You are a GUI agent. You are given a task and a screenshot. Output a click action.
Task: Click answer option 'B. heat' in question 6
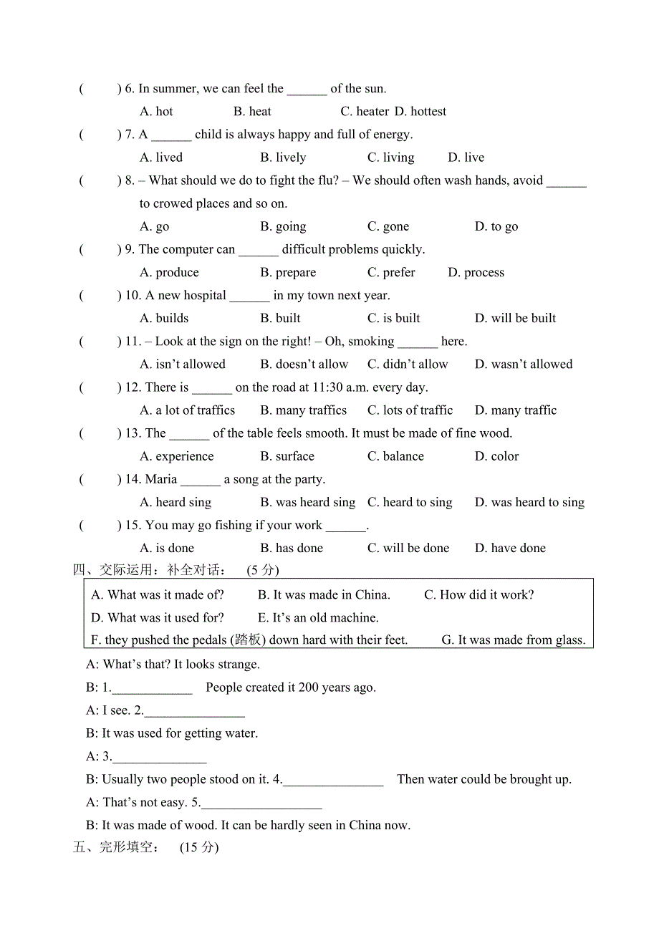pos(252,112)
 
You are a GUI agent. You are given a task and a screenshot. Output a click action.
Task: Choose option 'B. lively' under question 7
pos(283,158)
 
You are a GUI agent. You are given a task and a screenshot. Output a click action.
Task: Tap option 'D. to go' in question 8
pos(496,227)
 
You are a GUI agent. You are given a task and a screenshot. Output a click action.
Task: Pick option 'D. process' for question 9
pos(476,273)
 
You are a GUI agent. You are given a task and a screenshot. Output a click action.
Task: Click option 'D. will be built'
pos(515,319)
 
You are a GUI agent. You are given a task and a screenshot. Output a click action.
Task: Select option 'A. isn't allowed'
pos(183,365)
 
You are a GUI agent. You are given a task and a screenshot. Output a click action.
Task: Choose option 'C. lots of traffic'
pos(410,410)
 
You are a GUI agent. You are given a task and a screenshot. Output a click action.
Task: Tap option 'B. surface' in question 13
pos(287,456)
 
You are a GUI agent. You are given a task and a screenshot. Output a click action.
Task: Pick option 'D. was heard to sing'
pos(529,503)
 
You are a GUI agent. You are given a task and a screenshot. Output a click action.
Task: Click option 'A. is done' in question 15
pos(167,549)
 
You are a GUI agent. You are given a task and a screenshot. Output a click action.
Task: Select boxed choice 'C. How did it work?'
pos(478,595)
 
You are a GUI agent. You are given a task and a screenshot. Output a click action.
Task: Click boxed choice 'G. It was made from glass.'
pos(513,640)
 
